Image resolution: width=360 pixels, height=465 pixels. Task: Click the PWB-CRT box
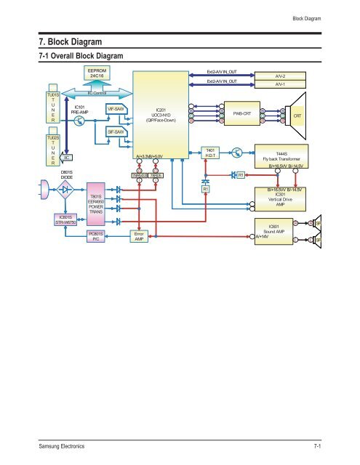[241, 115]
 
